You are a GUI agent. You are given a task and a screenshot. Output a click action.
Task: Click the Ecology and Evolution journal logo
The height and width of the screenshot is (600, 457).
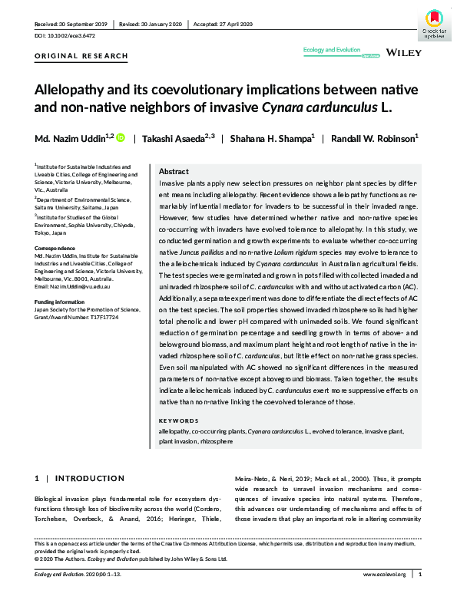click(332, 50)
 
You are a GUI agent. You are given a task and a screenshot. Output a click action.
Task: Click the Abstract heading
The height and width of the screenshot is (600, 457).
click(174, 172)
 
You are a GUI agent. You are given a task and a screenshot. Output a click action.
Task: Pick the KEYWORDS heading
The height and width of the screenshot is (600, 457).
click(179, 420)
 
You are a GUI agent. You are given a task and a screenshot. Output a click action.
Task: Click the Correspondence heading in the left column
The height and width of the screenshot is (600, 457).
click(56, 250)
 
